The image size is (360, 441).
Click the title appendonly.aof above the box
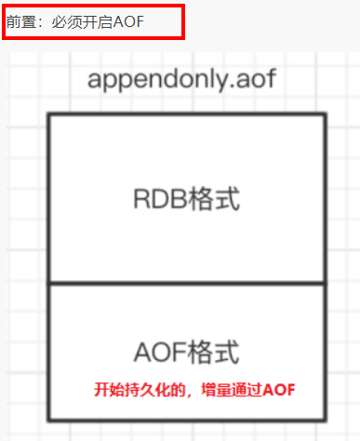[x=181, y=78]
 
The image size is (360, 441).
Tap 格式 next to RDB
[x=215, y=199]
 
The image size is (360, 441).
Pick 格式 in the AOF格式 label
[x=215, y=353]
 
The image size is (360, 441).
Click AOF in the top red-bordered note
[x=129, y=20]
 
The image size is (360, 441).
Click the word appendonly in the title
[x=159, y=79]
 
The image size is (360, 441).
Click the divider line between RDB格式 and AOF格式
[x=186, y=285]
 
